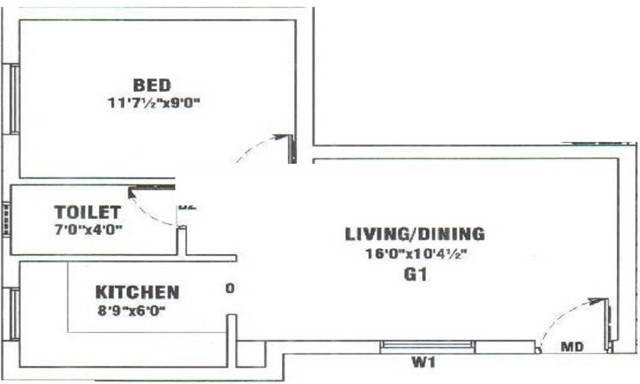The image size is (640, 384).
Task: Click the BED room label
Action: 152,84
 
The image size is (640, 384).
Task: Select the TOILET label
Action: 87,212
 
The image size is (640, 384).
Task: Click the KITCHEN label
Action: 137,292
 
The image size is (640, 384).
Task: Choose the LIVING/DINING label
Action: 415,234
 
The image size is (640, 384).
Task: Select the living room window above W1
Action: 428,346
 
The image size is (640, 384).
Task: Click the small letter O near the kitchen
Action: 230,289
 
